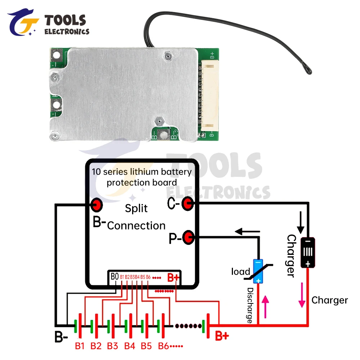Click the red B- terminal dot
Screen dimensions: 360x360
pyautogui.click(x=97, y=205)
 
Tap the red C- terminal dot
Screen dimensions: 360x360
pyautogui.click(x=187, y=204)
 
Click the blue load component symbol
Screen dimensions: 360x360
pyautogui.click(x=258, y=271)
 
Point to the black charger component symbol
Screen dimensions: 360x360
pyautogui.click(x=308, y=253)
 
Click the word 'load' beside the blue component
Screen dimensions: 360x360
pyautogui.click(x=240, y=271)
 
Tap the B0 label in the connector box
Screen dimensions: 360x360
pyautogui.click(x=114, y=277)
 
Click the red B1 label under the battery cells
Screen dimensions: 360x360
pyautogui.click(x=80, y=346)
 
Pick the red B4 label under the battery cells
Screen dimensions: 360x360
pyautogui.click(x=130, y=346)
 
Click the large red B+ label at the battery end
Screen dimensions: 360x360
pyautogui.click(x=222, y=336)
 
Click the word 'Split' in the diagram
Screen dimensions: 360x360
pyautogui.click(x=136, y=208)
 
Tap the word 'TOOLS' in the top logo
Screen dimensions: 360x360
pyautogui.click(x=65, y=21)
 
